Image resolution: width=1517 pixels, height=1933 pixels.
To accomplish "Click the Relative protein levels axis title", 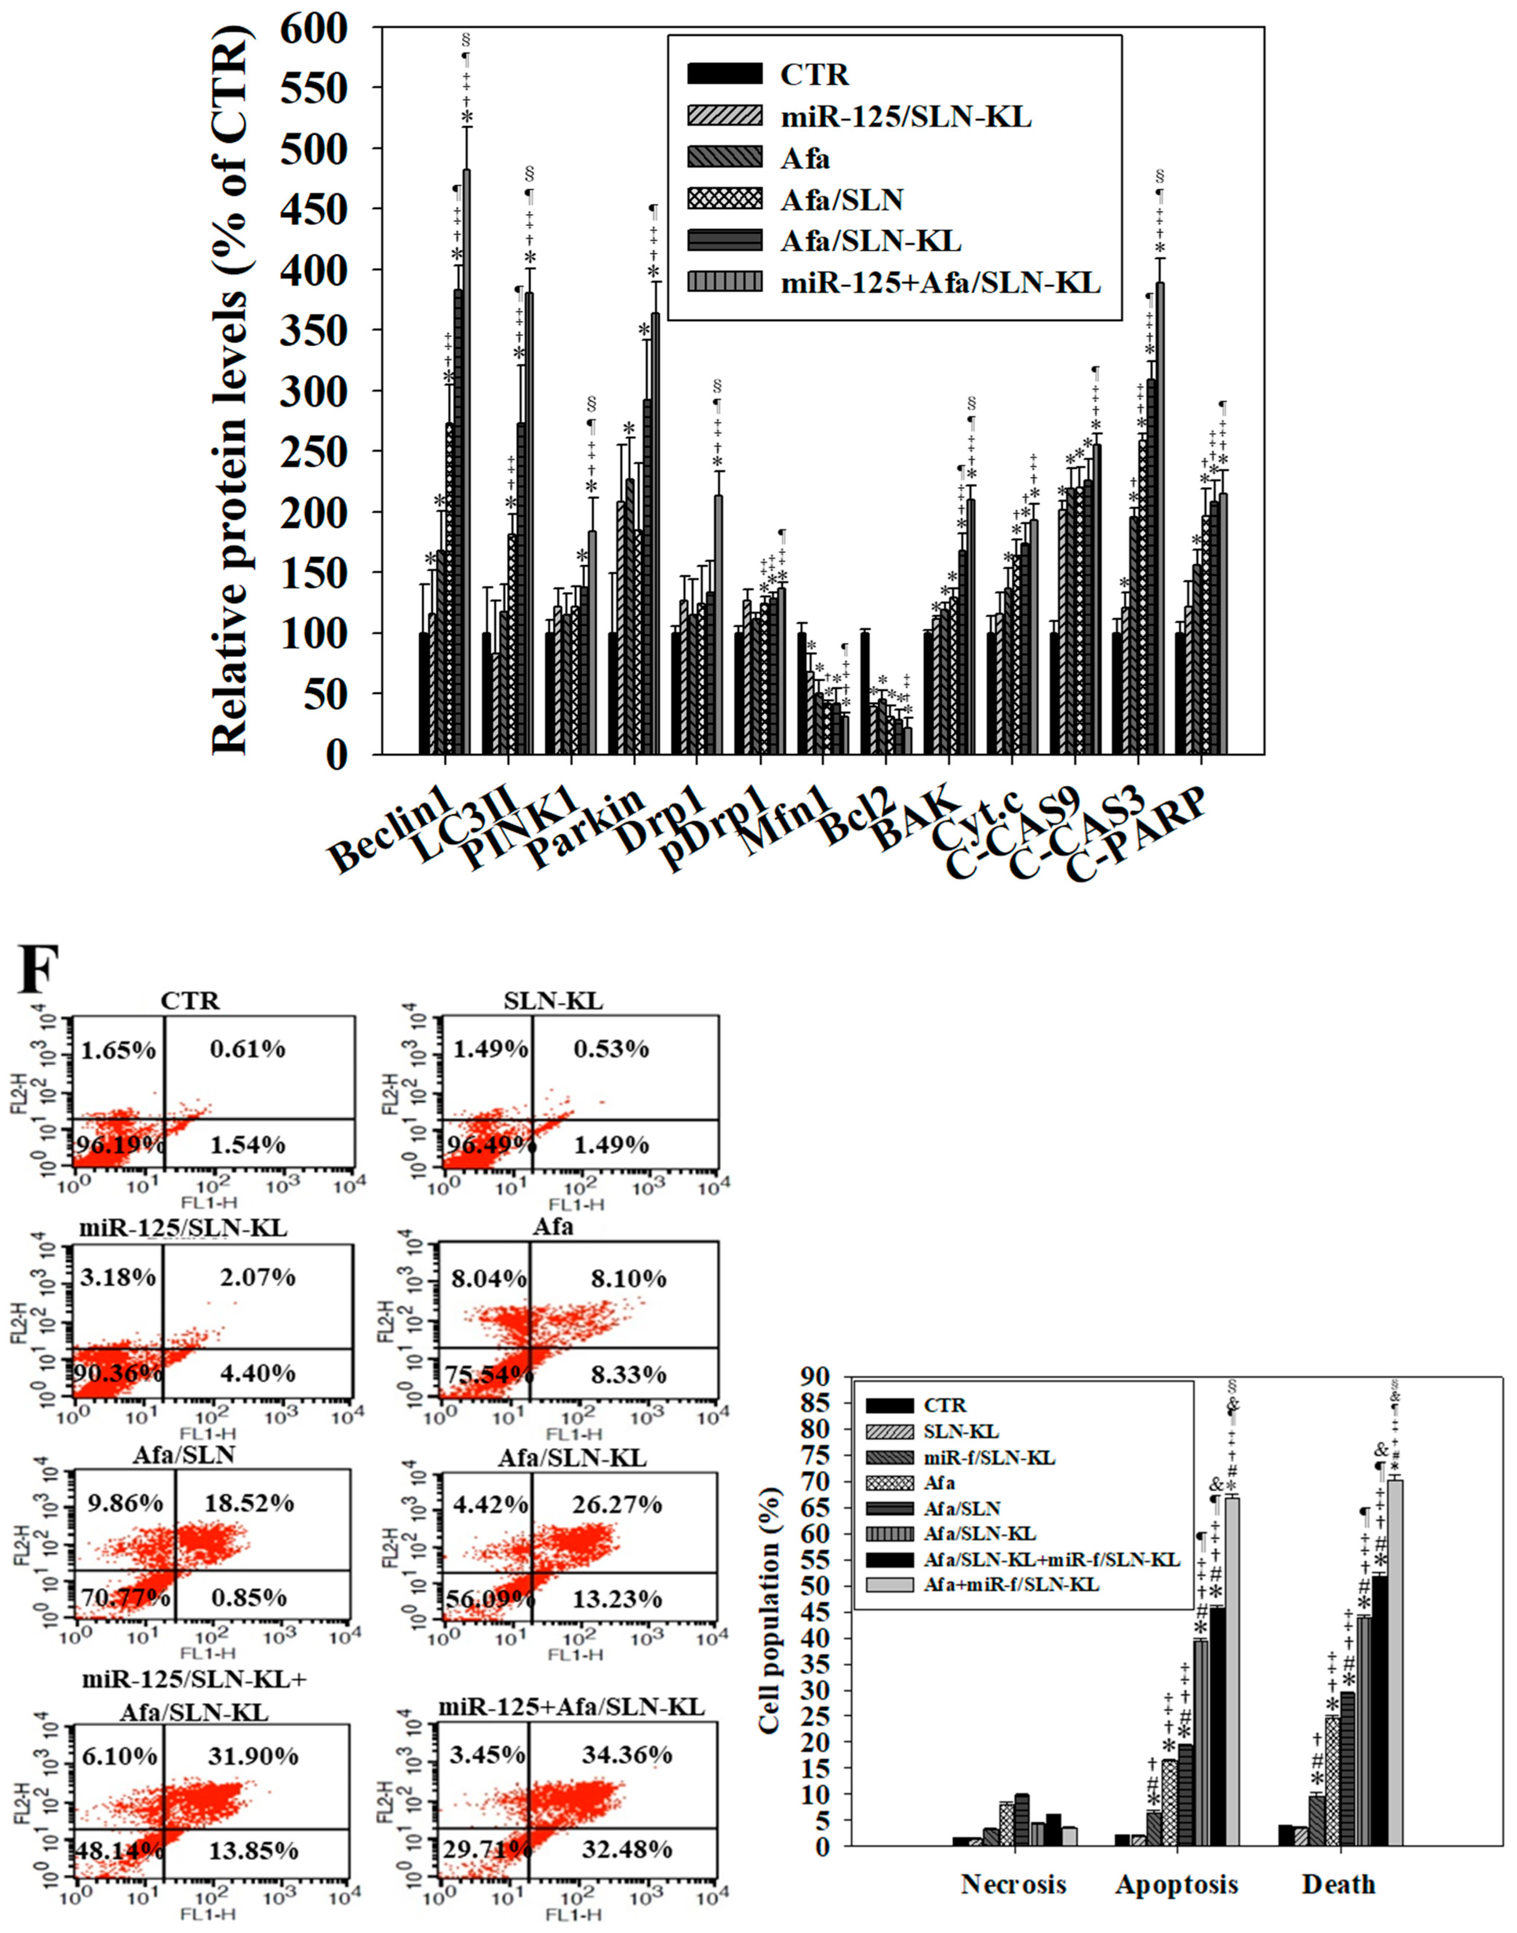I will pyautogui.click(x=231, y=391).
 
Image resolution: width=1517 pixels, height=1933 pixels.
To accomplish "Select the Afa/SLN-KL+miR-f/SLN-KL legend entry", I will pyautogui.click(x=1052, y=1560).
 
